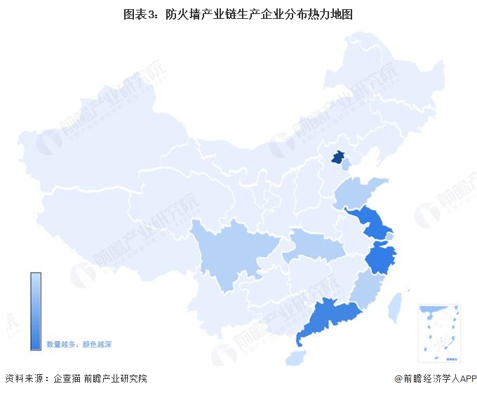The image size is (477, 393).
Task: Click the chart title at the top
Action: (x=238, y=13)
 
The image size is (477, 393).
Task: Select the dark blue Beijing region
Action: (x=339, y=158)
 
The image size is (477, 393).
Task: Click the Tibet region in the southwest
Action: (x=105, y=231)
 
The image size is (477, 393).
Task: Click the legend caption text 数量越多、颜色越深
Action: (x=79, y=345)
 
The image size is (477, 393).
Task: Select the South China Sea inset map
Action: (x=438, y=332)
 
